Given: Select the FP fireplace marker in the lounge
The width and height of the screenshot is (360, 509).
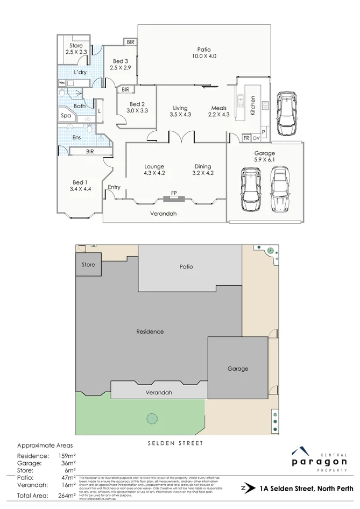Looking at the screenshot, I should coord(174,193).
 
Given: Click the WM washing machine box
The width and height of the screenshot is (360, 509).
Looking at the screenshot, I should coord(61,83).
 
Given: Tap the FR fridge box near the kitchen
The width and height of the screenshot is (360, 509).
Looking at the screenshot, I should coord(246,138).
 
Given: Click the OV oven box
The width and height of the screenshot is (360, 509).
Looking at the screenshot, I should coord(256,138).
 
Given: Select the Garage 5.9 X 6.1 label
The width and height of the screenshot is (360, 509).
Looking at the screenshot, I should coord(264,157).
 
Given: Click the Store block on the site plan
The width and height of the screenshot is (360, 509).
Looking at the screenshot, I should coord(88,265).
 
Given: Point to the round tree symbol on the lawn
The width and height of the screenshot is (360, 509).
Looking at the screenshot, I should coord(152,417).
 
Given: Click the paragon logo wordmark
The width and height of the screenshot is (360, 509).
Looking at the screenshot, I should coord(319,462).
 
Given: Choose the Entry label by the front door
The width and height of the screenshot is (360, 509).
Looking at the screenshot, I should coord(114,187).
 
